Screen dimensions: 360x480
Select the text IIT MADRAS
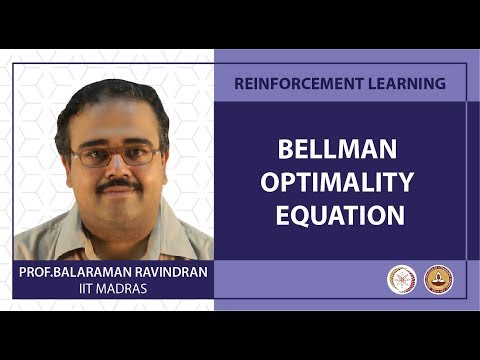coord(113,289)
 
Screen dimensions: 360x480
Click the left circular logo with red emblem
coord(401,279)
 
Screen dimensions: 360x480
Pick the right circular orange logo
coord(438,279)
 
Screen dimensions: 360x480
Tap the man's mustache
coord(119,184)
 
